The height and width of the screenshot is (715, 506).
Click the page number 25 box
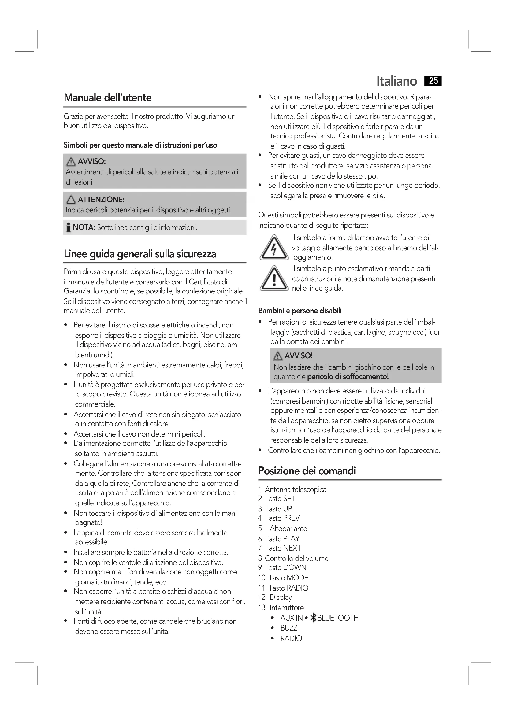[x=433, y=81]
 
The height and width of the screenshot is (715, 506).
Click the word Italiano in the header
[x=396, y=81]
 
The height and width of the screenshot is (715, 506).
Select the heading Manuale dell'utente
[x=107, y=98]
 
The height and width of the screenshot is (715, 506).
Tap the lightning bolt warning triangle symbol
[x=274, y=248]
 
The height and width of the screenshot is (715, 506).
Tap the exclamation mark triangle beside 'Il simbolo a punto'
[x=274, y=279]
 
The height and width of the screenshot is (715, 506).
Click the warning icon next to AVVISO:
[x=71, y=162]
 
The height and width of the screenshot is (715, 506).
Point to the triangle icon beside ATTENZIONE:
[x=71, y=200]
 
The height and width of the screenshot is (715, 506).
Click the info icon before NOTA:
[x=68, y=228]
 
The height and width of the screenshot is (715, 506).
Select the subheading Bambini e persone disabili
[x=300, y=311]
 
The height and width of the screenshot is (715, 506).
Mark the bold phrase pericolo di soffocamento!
[x=348, y=377]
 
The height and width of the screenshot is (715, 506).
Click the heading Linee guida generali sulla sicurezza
[x=140, y=254]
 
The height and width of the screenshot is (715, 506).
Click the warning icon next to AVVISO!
[x=277, y=356]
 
